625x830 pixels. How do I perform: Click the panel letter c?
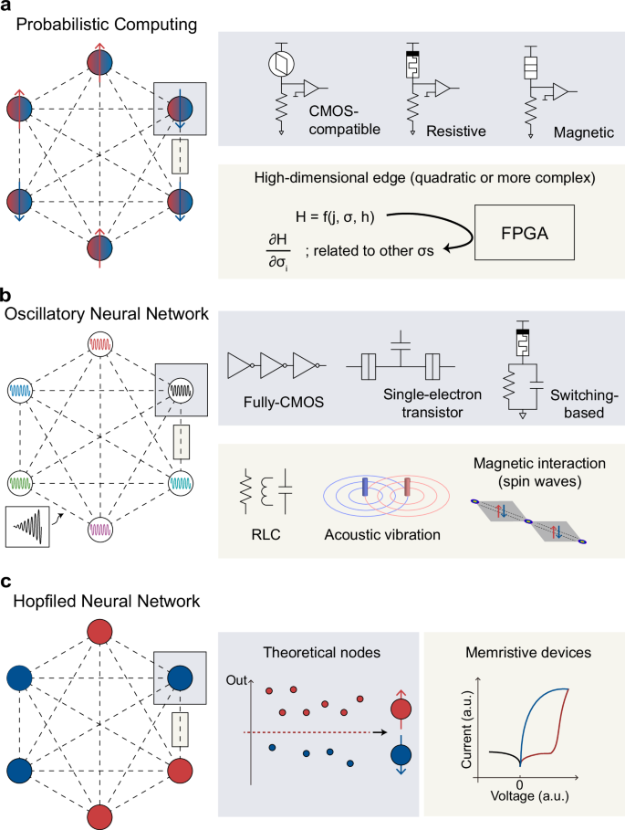(x=6, y=579)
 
